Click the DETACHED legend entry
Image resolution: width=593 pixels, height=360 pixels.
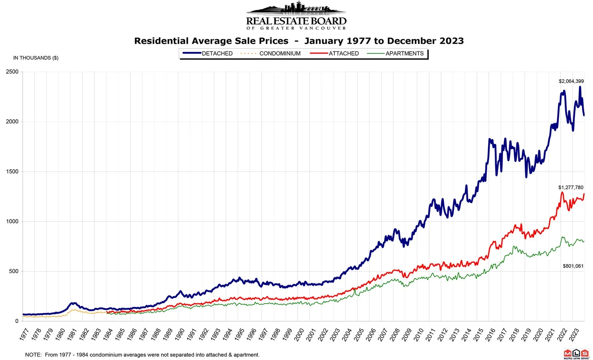[x=217, y=53]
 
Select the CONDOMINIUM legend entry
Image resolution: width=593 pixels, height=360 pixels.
[x=280, y=53]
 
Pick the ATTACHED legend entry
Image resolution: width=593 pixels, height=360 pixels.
[x=344, y=53]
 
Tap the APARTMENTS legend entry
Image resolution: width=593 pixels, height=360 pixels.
[x=404, y=53]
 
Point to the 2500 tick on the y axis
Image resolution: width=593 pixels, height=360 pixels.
[x=12, y=72]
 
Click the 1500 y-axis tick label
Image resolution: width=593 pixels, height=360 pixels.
[x=12, y=171]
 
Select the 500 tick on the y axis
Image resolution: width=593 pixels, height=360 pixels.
[x=14, y=271]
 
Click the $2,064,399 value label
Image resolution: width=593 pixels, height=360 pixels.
[x=571, y=81]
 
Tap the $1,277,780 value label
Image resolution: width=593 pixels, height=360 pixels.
[x=571, y=187]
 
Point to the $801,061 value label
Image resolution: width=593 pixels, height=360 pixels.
[x=573, y=266]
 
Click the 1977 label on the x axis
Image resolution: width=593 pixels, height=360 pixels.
[x=24, y=334]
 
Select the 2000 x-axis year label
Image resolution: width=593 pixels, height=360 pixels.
[x=299, y=334]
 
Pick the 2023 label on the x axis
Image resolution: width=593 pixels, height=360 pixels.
[x=574, y=334]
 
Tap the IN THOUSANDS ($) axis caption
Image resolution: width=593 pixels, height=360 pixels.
[x=36, y=58]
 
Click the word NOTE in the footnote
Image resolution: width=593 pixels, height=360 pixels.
[x=33, y=355]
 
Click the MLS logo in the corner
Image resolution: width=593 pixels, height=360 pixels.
[x=576, y=354]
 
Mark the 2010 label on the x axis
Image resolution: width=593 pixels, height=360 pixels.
[x=419, y=334]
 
